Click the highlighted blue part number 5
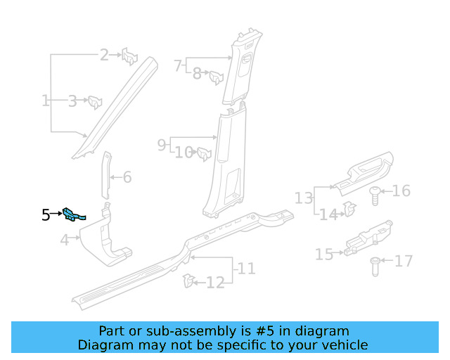[x=74, y=214]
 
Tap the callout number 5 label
[x=46, y=215]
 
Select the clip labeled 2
[x=130, y=56]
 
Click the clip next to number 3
[x=94, y=102]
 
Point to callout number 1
[x=46, y=101]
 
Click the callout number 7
[x=178, y=66]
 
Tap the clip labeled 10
[x=205, y=153]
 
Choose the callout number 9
[x=162, y=145]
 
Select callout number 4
[x=65, y=240]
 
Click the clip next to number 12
[x=188, y=281]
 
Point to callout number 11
[x=246, y=269]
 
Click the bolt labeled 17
[x=375, y=266]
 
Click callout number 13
[x=304, y=198]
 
